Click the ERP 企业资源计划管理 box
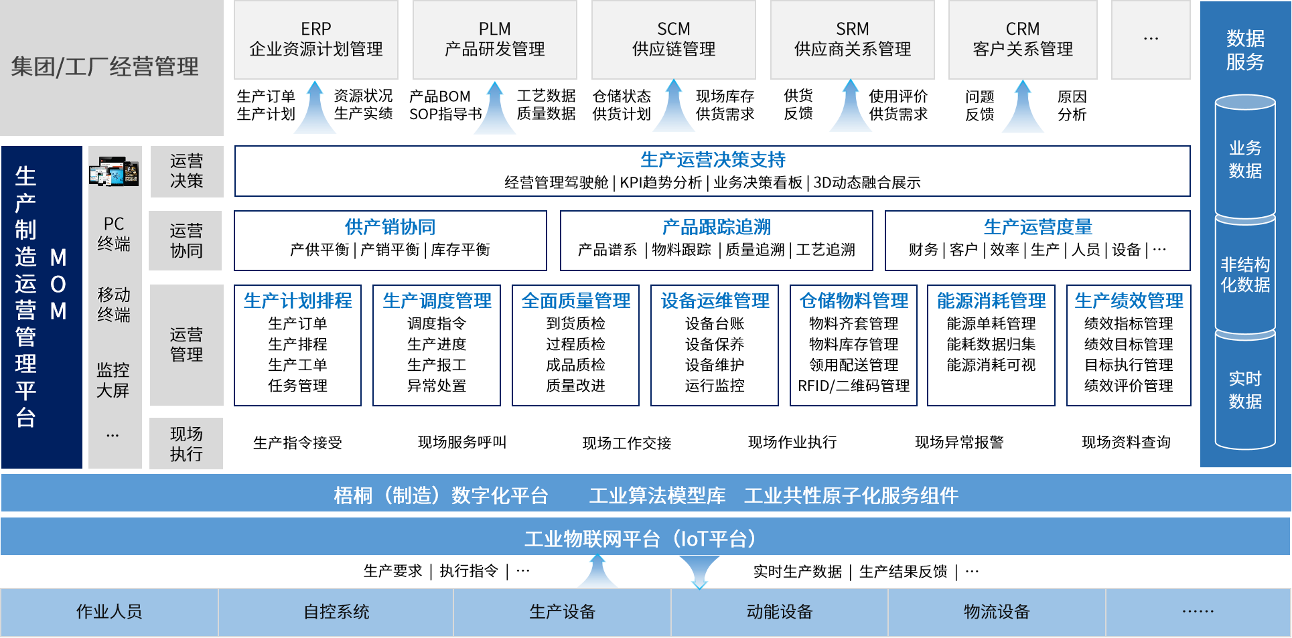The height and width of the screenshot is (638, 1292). click(x=315, y=39)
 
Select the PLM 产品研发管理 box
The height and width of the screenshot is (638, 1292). click(x=494, y=39)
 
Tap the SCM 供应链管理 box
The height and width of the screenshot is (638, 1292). click(x=673, y=39)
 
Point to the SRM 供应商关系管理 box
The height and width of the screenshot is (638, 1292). click(x=852, y=39)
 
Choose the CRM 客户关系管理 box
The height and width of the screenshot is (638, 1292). click(x=1023, y=39)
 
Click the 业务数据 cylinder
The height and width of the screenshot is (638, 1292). click(x=1245, y=159)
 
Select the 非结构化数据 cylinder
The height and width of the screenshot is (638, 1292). click(x=1245, y=274)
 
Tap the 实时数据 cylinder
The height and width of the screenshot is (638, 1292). click(x=1245, y=390)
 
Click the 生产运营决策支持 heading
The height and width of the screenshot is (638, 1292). click(x=713, y=160)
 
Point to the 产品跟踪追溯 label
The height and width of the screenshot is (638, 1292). click(x=716, y=228)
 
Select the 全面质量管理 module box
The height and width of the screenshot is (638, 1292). click(x=575, y=345)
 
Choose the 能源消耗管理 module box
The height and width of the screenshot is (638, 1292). click(x=991, y=345)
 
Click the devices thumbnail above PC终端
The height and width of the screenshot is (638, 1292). click(x=114, y=171)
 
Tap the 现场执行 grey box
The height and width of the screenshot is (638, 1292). click(x=186, y=443)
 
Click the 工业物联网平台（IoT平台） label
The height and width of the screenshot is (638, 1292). click(x=641, y=538)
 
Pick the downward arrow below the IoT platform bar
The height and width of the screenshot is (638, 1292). click(x=699, y=572)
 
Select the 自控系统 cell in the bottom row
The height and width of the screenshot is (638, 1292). click(x=336, y=612)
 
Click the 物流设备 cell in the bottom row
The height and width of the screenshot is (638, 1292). click(x=997, y=612)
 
